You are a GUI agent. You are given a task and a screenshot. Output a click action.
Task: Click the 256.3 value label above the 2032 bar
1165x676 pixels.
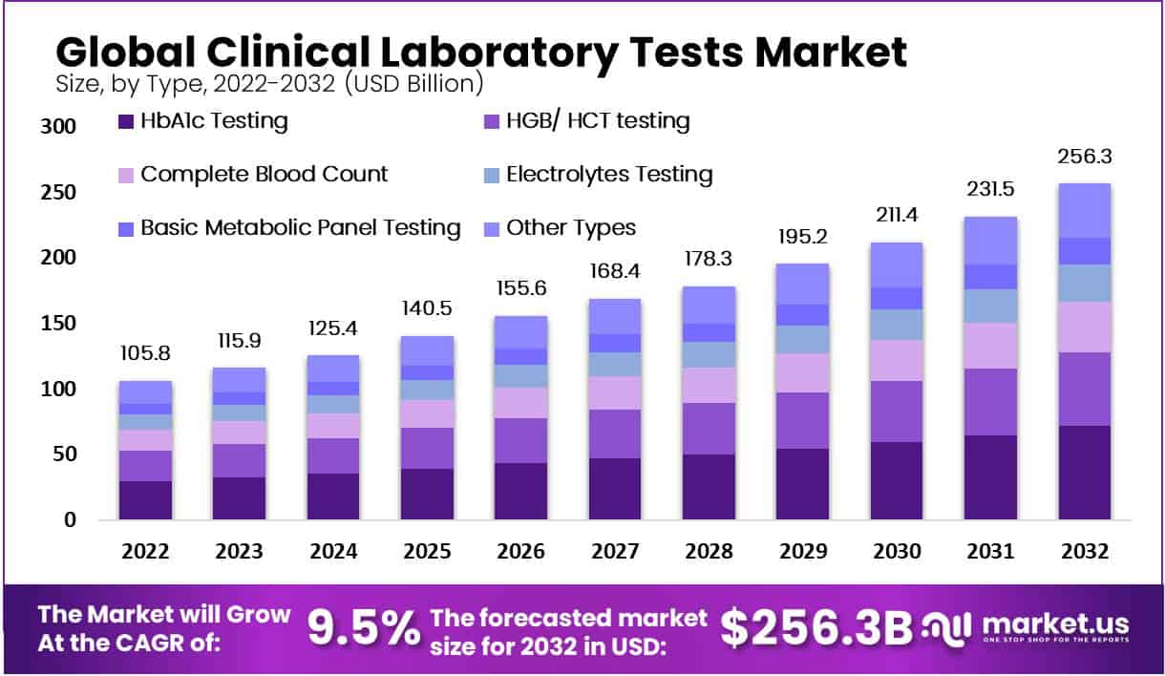point(1084,157)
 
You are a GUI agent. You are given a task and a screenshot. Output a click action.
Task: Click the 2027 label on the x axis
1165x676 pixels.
point(614,552)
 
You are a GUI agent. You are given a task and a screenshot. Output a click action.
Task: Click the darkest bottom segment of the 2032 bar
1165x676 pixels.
point(1084,473)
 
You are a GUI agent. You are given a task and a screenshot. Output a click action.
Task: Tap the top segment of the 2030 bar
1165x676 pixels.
point(896,264)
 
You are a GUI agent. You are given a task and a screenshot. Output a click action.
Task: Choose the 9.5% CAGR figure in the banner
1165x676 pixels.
point(364,627)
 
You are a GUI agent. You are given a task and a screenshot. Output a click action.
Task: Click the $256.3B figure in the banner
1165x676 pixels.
point(815,627)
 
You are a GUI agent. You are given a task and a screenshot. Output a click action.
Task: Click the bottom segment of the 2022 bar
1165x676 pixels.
point(145,500)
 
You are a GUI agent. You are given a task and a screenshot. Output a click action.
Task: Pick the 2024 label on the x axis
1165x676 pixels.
point(332,552)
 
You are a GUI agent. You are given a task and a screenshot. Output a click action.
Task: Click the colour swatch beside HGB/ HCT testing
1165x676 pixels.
point(492,122)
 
